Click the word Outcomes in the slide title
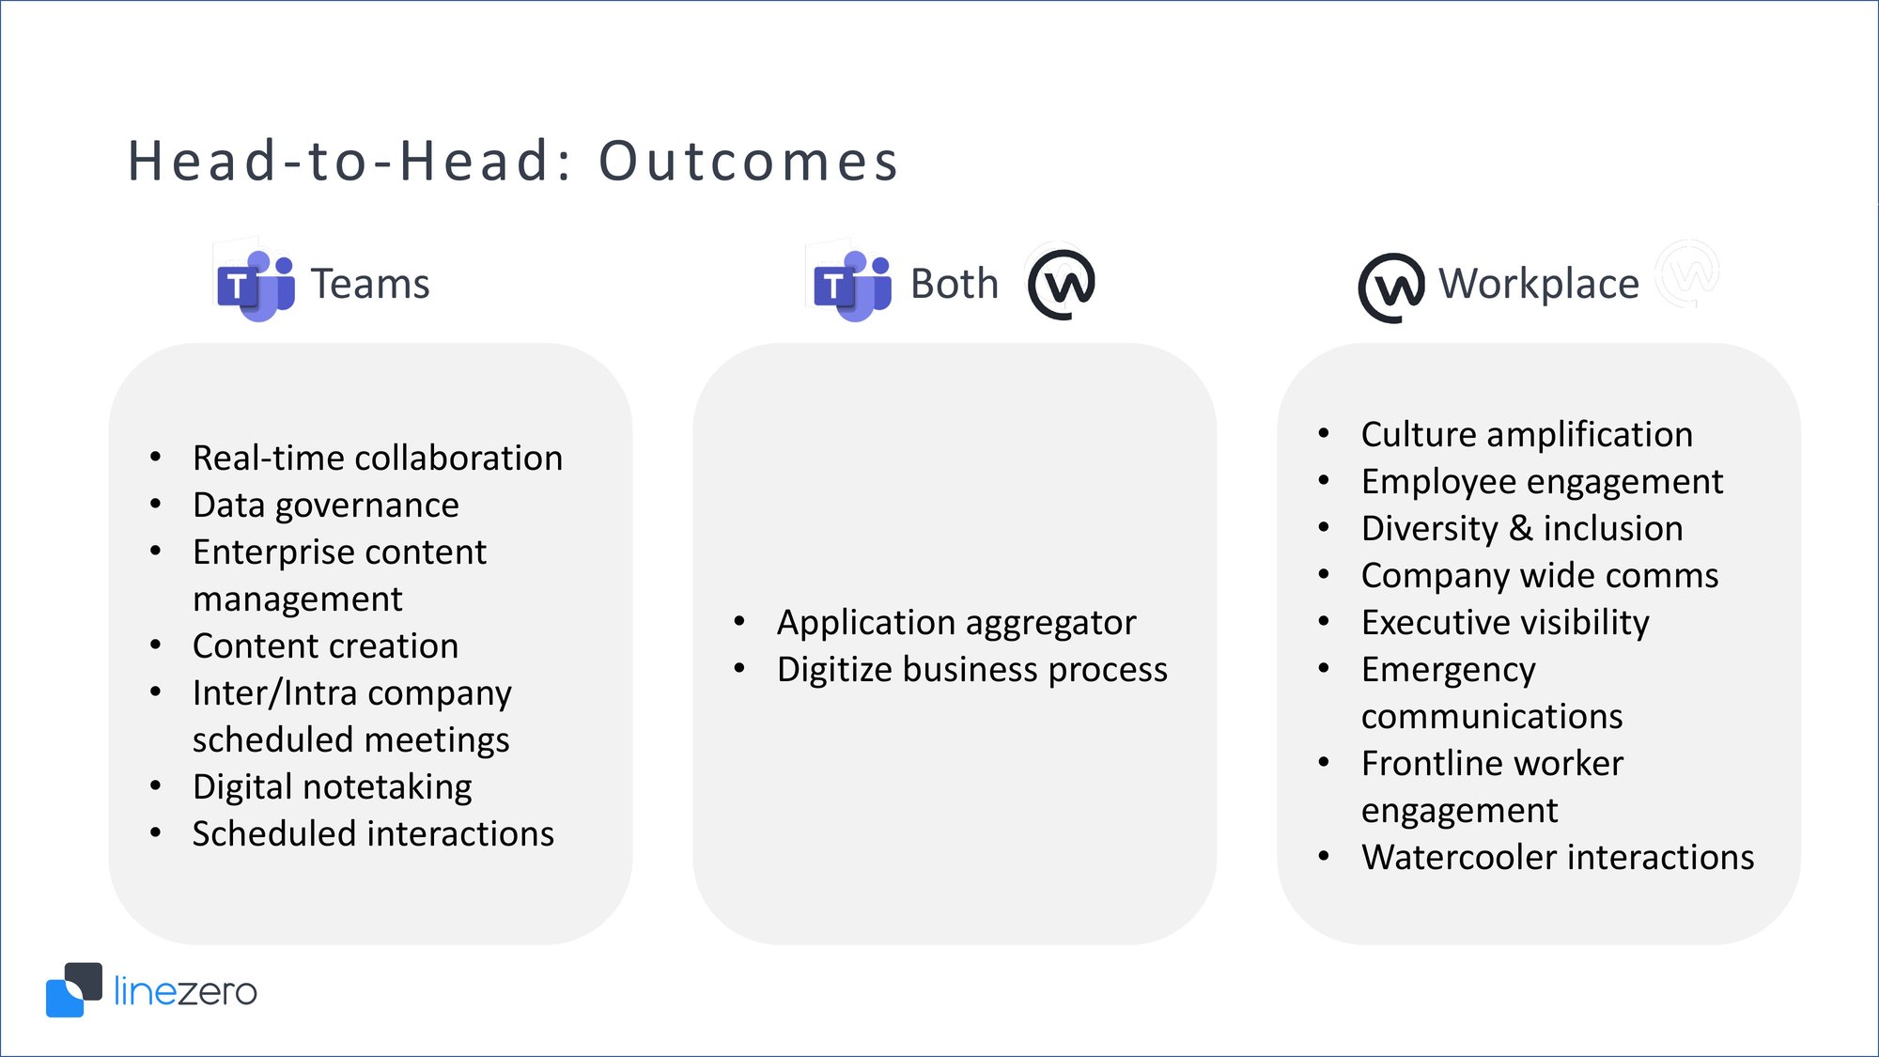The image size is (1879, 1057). (749, 161)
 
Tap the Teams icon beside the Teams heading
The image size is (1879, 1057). (256, 286)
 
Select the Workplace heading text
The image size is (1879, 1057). (1538, 284)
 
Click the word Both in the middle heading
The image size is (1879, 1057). (954, 284)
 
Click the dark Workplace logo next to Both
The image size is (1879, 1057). (1062, 284)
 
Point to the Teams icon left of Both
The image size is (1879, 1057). (852, 286)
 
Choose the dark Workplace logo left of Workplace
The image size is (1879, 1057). (1391, 288)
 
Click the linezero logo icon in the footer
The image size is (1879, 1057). (73, 989)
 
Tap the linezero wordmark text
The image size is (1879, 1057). (185, 991)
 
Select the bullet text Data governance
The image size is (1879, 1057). (325, 505)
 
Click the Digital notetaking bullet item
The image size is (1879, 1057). (332, 787)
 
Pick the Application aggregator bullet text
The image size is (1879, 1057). (955, 623)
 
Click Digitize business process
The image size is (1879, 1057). (971, 670)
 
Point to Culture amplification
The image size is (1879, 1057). (1526, 435)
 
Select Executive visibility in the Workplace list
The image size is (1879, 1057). (1504, 623)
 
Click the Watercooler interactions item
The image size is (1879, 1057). (1557, 858)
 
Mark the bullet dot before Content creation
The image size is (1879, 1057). (156, 645)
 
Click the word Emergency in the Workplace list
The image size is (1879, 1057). (1448, 670)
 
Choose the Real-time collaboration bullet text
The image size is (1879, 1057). (377, 459)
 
